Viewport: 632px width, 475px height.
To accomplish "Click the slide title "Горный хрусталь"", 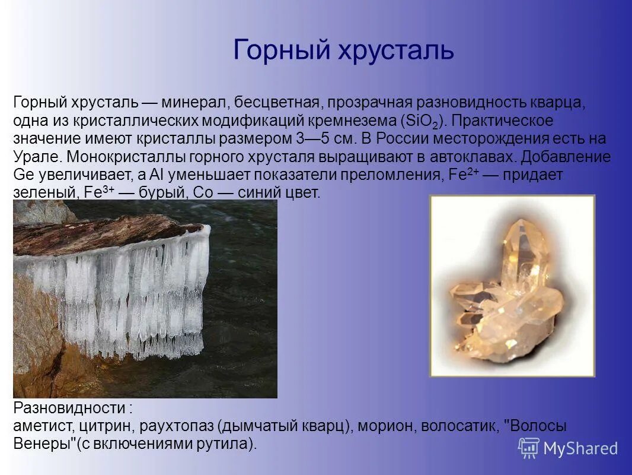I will [343, 50].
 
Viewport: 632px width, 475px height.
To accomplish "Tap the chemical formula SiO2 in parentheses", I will [423, 122].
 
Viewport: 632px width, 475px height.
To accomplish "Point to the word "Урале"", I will [37, 157].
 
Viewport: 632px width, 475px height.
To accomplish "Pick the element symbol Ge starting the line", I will [24, 176].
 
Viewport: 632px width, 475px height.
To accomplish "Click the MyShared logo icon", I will [528, 448].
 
